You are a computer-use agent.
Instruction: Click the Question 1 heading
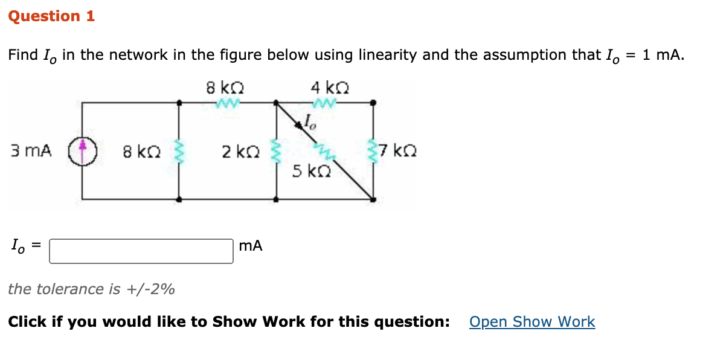[x=51, y=16]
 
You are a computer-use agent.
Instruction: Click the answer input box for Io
[x=141, y=251]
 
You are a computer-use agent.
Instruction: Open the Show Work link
[x=531, y=322]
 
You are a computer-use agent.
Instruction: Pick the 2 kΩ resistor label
[x=236, y=152]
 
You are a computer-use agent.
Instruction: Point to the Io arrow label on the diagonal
[x=310, y=123]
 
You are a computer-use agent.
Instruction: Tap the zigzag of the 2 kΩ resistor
[x=277, y=150]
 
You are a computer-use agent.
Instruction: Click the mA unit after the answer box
[x=251, y=246]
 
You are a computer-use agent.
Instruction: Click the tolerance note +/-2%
[x=91, y=289]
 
